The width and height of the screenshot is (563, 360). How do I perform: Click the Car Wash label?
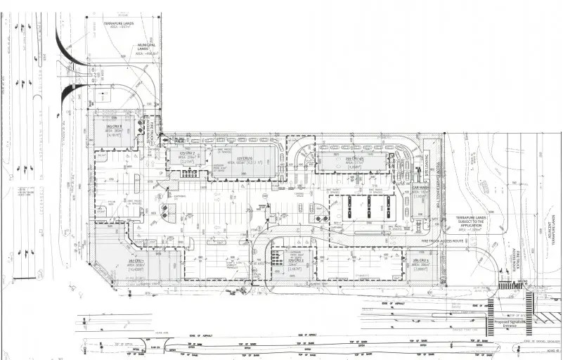[420, 189]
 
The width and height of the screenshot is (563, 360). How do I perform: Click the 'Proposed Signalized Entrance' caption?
[511, 323]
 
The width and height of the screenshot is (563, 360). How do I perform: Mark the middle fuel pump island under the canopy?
[368, 208]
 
